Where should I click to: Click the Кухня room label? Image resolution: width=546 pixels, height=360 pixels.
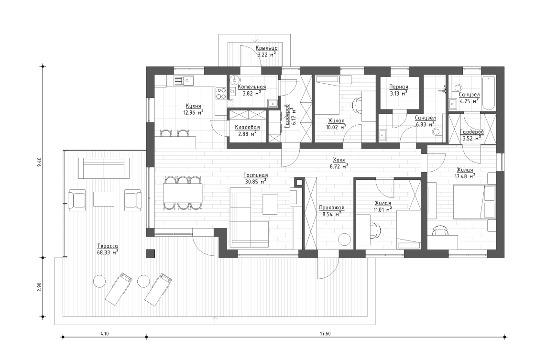pyautogui.click(x=193, y=106)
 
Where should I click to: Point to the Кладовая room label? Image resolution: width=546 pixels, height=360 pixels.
pyautogui.click(x=247, y=127)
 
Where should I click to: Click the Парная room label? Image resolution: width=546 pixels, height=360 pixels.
pyautogui.click(x=398, y=87)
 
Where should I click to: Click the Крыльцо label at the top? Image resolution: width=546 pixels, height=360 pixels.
pyautogui.click(x=266, y=48)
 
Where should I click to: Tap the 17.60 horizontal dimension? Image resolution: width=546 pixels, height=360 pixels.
pyautogui.click(x=325, y=333)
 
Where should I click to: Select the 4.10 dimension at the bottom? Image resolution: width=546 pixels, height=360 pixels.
pyautogui.click(x=104, y=333)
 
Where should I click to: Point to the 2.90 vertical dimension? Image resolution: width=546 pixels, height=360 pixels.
pyautogui.click(x=40, y=287)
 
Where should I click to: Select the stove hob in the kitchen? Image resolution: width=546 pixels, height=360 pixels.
pyautogui.click(x=221, y=93)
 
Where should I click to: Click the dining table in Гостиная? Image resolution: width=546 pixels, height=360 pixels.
pyautogui.click(x=183, y=193)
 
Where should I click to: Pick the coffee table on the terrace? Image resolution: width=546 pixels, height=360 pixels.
pyautogui.click(x=104, y=199)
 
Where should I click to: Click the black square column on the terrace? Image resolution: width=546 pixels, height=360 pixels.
pyautogui.click(x=151, y=253)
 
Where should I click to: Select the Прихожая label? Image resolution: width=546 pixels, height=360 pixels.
pyautogui.click(x=331, y=208)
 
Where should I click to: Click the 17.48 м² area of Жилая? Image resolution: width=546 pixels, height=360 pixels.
pyautogui.click(x=464, y=176)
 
